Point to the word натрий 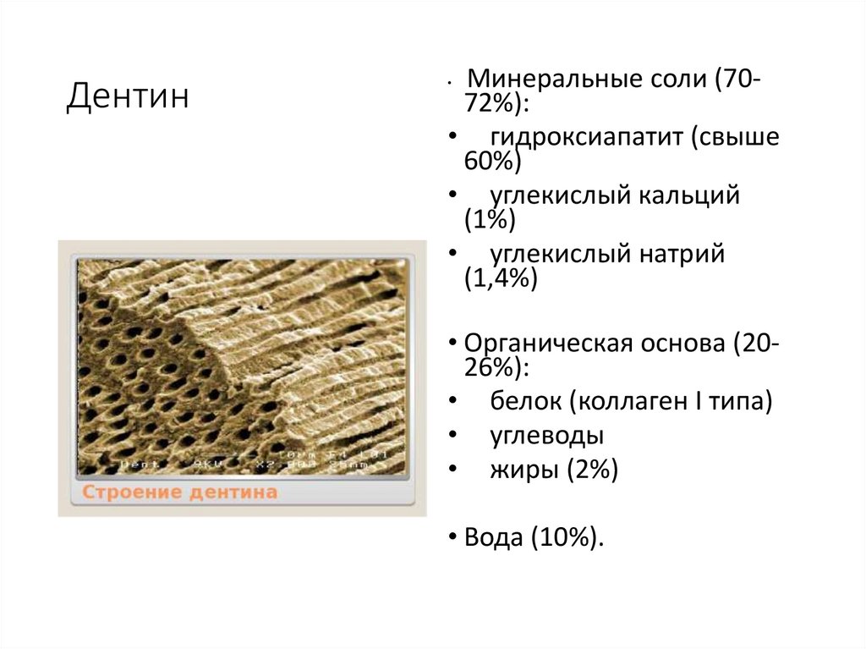[x=682, y=254]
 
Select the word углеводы [x=547, y=436]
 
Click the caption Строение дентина [x=179, y=492]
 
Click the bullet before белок [x=454, y=401]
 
